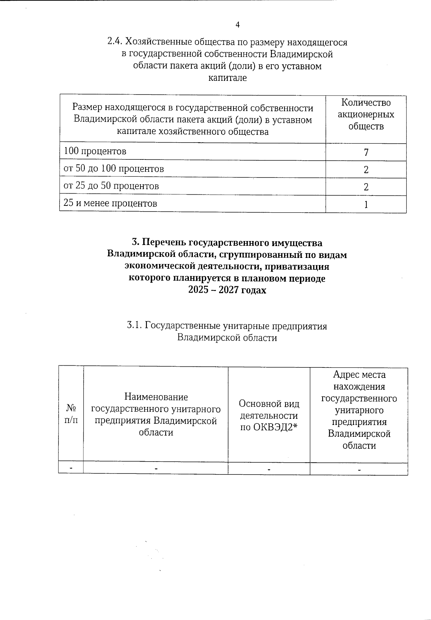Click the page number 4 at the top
point(237,25)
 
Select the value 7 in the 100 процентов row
point(366,153)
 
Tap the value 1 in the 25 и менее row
point(366,205)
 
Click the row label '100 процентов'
point(95,151)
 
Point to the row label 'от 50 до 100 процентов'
point(113,168)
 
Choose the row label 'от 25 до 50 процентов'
point(111,186)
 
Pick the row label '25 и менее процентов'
point(110,204)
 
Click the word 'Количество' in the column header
point(366,103)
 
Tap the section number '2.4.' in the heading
point(115,42)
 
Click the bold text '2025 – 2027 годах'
point(227,290)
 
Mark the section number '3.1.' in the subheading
point(135,326)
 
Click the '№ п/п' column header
point(71,414)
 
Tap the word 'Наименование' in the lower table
point(156,397)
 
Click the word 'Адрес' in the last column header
point(344,375)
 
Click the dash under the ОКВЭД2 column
point(269,469)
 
